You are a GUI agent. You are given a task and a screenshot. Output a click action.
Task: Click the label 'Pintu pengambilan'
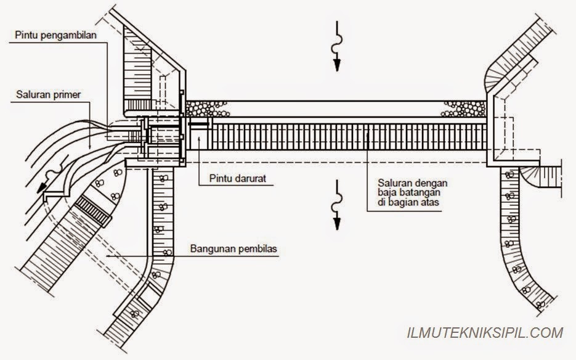(56, 35)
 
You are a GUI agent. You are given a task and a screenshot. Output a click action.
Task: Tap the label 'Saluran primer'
(49, 95)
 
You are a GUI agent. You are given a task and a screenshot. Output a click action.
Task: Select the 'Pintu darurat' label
(238, 179)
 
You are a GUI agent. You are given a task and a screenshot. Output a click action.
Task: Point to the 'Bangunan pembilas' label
(233, 249)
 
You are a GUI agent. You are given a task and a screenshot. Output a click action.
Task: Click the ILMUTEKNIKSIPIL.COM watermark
(485, 333)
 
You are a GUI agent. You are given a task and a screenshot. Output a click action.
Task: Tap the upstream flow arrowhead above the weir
(337, 65)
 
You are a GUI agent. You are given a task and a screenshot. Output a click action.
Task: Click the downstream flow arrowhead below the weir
(337, 224)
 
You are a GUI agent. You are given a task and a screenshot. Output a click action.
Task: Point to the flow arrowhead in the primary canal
(43, 188)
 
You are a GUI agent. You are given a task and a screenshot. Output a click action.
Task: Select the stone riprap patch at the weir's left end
(206, 109)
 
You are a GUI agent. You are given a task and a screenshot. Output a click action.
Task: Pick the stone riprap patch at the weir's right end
(464, 109)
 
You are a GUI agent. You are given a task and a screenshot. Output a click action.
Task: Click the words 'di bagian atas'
(408, 202)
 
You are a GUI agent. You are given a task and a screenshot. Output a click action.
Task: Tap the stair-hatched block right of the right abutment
(550, 177)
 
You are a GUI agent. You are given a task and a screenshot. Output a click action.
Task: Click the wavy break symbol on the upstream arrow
(337, 43)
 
